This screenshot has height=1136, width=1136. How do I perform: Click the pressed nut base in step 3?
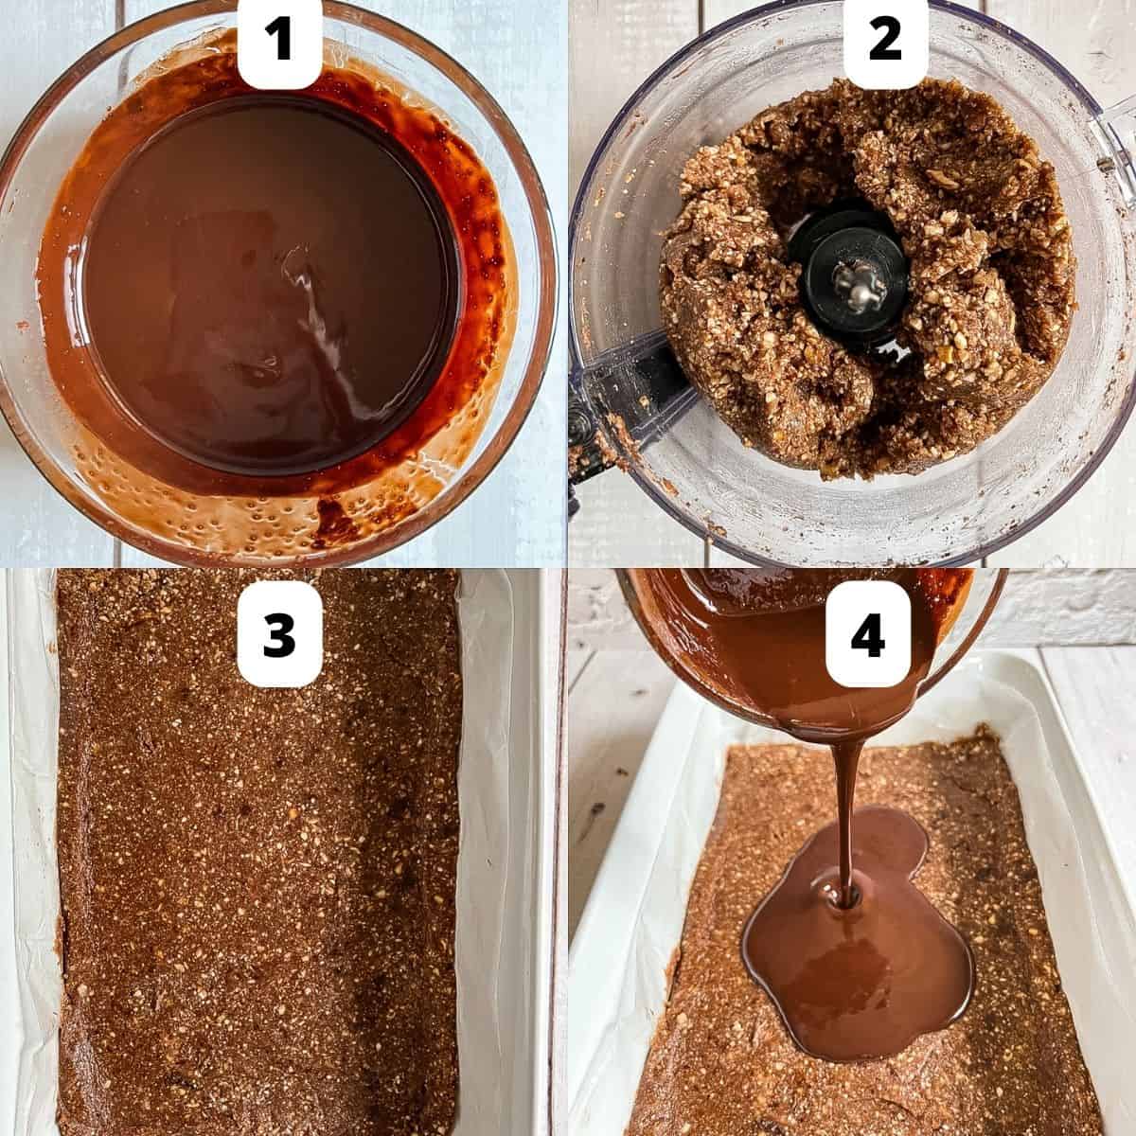(x=256, y=852)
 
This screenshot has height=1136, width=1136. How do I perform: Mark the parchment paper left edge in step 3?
(x=38, y=852)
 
